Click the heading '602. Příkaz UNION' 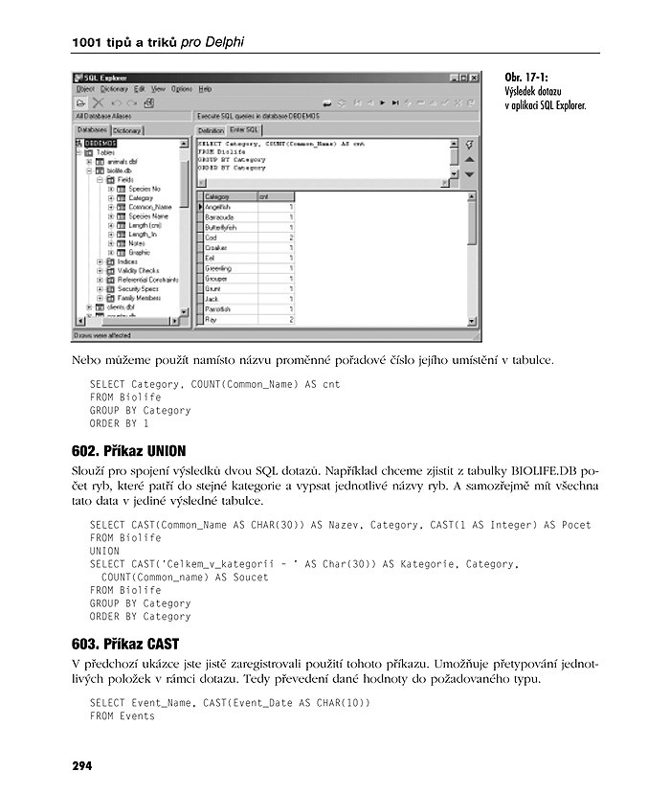122,450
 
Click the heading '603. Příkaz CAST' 117,644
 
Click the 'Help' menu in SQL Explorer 205,89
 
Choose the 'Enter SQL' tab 244,129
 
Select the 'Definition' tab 211,129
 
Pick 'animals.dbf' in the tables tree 123,162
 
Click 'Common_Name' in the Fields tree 149,207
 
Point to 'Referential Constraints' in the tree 147,280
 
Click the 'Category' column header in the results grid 217,196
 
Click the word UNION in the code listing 104,551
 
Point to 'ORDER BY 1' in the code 119,423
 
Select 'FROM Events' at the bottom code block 122,715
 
